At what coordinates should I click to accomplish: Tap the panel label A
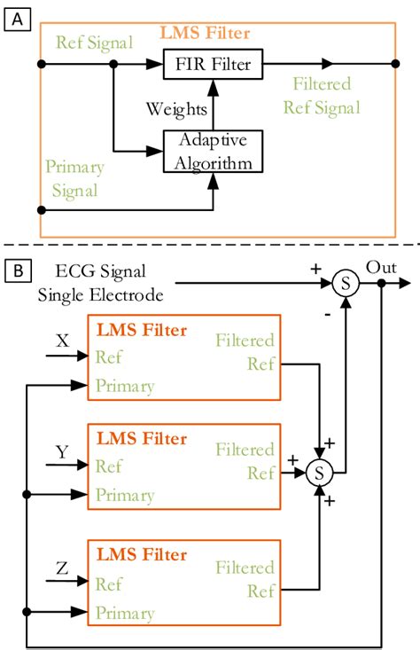coord(15,15)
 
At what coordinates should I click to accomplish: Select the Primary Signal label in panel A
coord(74,176)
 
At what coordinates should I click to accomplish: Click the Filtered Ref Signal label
coord(320,96)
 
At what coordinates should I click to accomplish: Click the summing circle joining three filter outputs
coord(317,474)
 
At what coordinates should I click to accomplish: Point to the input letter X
coord(61,340)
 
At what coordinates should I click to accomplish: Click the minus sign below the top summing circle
coord(329,312)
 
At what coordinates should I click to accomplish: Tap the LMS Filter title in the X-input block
coord(143,331)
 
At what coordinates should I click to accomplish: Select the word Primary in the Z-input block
coord(125,613)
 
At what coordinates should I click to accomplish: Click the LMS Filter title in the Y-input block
coord(143,439)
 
